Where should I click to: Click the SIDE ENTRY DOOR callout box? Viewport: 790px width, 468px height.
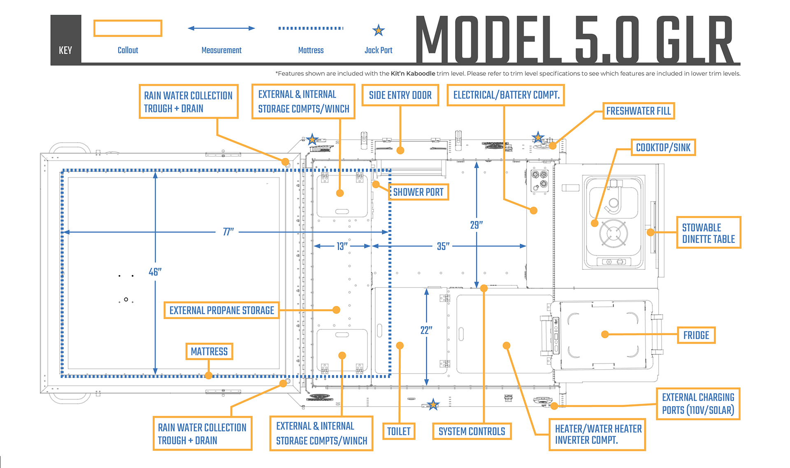tap(400, 95)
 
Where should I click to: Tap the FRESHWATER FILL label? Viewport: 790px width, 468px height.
tap(638, 111)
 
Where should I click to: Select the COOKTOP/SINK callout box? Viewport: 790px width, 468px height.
tap(663, 148)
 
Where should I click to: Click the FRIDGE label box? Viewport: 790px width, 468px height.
tap(696, 335)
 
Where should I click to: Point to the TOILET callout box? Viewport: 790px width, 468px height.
tap(398, 431)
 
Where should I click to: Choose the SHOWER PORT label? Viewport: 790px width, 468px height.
tap(418, 192)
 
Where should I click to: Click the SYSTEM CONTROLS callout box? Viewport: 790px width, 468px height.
tap(472, 431)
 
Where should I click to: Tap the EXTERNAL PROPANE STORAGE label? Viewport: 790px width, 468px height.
tap(221, 310)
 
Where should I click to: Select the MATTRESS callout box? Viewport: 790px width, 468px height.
tap(209, 352)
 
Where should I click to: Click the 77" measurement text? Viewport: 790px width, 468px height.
tap(228, 232)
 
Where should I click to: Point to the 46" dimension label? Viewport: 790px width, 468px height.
tap(155, 272)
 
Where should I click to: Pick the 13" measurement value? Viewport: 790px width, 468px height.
tap(342, 246)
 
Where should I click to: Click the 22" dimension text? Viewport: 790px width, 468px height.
tap(426, 330)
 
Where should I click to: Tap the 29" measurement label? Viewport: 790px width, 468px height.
tap(476, 225)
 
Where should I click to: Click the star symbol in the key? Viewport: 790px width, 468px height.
tap(378, 30)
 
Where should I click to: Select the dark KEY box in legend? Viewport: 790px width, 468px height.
tap(65, 40)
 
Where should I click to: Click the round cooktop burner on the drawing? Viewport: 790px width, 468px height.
tap(613, 233)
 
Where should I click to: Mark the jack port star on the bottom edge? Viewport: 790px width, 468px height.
tap(432, 405)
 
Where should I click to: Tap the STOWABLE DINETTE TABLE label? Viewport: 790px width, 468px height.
tap(708, 233)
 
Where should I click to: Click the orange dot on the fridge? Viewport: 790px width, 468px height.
tap(605, 334)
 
